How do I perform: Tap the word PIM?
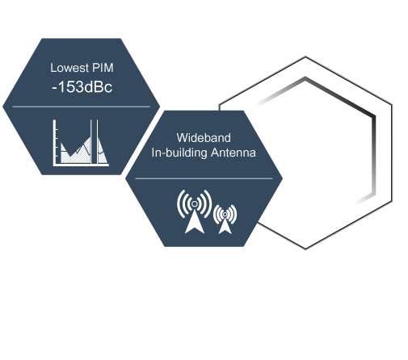tap(103, 68)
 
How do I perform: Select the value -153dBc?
tap(82, 87)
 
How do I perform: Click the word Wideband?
tap(204, 138)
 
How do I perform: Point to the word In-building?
tap(179, 153)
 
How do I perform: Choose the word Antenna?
tap(233, 153)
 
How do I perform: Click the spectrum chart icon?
tap(81, 143)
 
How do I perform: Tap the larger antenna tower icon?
tap(194, 211)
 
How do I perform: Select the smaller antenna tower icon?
tap(225, 220)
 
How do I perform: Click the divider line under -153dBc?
tap(81, 107)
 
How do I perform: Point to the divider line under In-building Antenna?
tap(204, 178)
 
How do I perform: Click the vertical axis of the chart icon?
tap(54, 142)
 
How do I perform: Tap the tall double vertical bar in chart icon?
tap(95, 141)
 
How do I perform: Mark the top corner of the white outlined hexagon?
tap(305, 57)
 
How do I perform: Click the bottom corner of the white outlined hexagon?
tap(305, 249)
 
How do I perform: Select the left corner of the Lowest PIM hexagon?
tap(3, 107)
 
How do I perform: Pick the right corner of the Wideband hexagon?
tap(282, 178)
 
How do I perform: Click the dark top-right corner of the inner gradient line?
tap(374, 116)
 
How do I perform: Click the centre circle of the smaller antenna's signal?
tap(225, 214)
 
